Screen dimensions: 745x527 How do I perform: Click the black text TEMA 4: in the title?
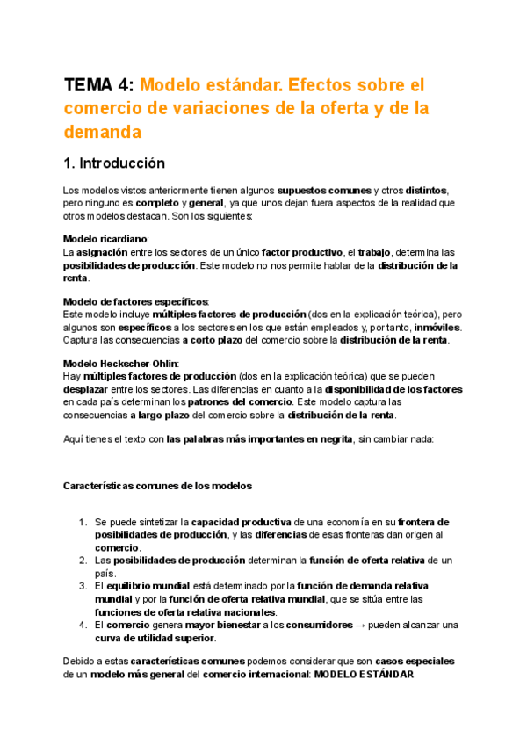pos(98,86)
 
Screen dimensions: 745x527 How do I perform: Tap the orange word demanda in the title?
pos(102,132)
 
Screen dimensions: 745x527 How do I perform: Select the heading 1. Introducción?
pos(114,163)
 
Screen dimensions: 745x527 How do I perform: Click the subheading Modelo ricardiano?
pos(106,239)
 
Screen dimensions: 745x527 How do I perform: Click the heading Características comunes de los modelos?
pos(157,486)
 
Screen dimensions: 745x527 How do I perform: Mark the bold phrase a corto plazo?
pos(217,340)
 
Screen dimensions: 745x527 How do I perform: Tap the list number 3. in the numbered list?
pos(82,586)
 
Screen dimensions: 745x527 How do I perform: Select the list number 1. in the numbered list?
pos(82,522)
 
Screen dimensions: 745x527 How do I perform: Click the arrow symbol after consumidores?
pos(358,625)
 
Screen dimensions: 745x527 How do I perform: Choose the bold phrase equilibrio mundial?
pos(148,586)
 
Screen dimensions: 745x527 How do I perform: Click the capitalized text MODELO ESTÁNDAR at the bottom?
pos(364,675)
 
